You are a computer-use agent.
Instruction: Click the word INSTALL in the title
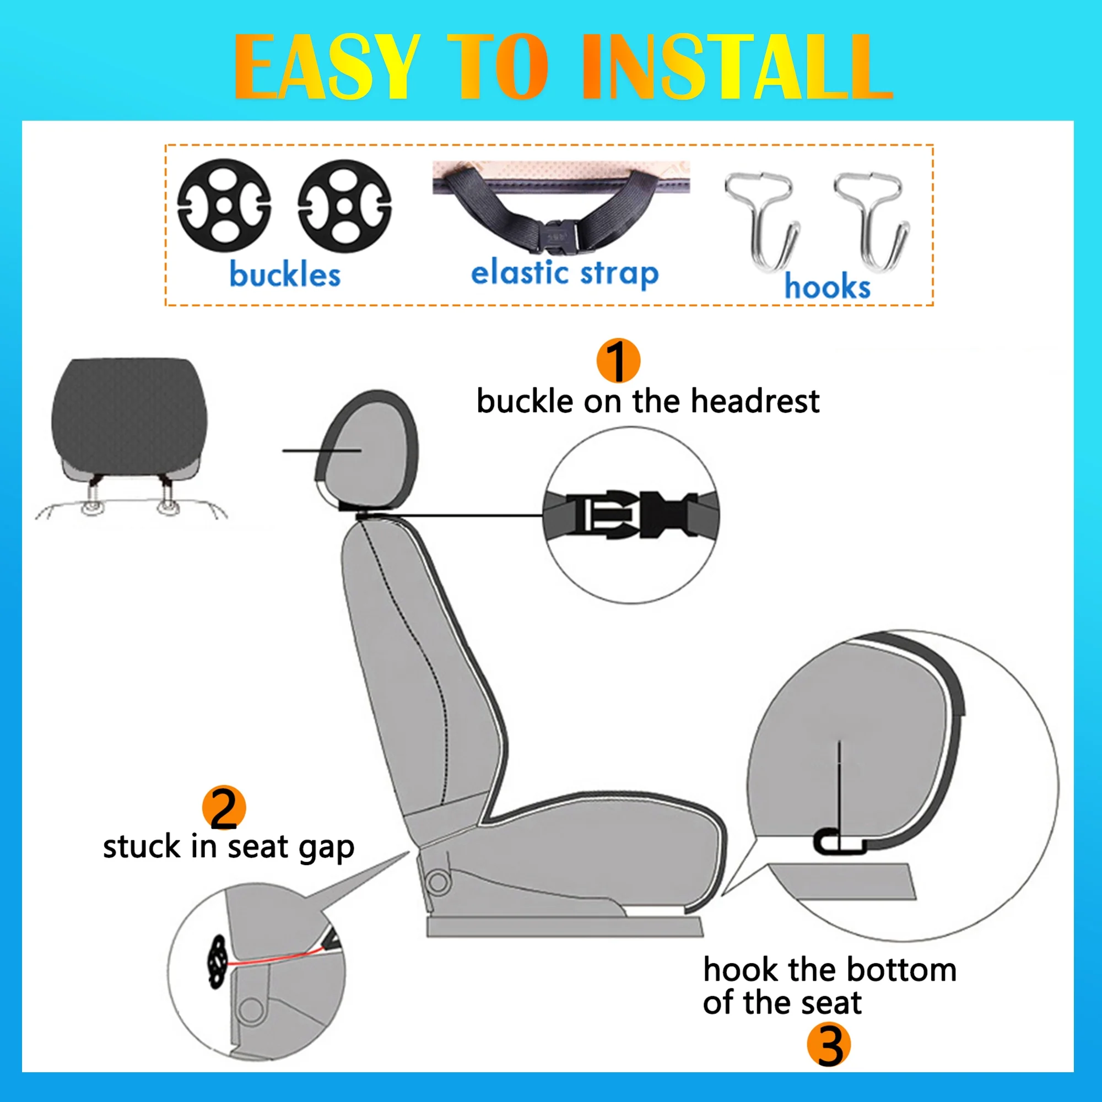click(x=736, y=66)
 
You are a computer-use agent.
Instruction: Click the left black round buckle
click(x=224, y=206)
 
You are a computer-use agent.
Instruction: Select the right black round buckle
click(x=344, y=206)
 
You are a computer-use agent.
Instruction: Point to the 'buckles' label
click(x=285, y=274)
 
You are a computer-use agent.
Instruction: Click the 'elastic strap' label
click(x=565, y=273)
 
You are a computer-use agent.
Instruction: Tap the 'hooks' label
click(x=827, y=286)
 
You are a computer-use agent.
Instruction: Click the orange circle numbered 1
click(x=618, y=360)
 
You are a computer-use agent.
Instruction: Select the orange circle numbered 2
click(x=224, y=808)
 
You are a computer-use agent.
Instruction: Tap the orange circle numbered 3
click(x=829, y=1045)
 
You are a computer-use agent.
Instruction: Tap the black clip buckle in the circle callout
click(x=636, y=514)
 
